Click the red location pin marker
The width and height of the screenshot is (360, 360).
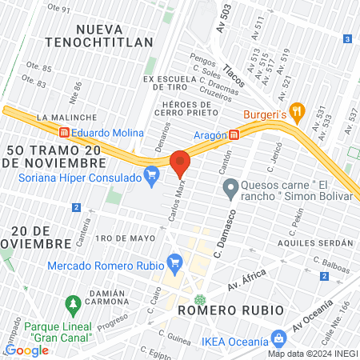coord(180,162)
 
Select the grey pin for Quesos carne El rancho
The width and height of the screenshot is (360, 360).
coord(230,189)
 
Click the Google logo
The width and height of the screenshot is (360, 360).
coord(26,350)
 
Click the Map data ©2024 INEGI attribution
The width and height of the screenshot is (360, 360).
coord(312,353)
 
